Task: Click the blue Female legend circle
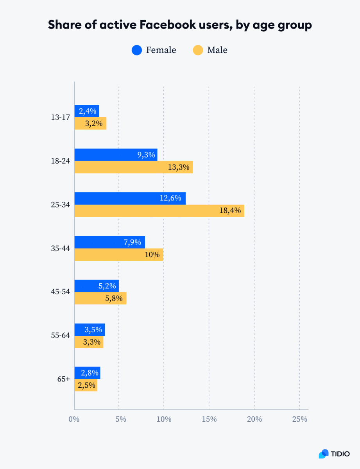click(x=137, y=50)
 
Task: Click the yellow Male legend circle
click(x=198, y=50)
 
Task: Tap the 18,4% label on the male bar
click(x=230, y=211)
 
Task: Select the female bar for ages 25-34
click(x=130, y=198)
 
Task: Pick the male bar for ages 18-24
click(x=133, y=167)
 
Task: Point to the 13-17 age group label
click(x=60, y=117)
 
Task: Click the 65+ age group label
click(x=63, y=379)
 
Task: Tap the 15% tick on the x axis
click(x=210, y=419)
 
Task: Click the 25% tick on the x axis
click(x=299, y=419)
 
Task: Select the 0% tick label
click(x=74, y=419)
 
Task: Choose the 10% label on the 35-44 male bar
click(x=152, y=255)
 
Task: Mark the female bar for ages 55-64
click(x=90, y=329)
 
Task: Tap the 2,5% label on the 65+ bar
click(x=87, y=385)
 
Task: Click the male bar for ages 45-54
click(x=100, y=298)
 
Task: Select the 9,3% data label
click(x=146, y=155)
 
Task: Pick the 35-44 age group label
click(x=60, y=248)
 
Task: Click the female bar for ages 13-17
click(x=87, y=111)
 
